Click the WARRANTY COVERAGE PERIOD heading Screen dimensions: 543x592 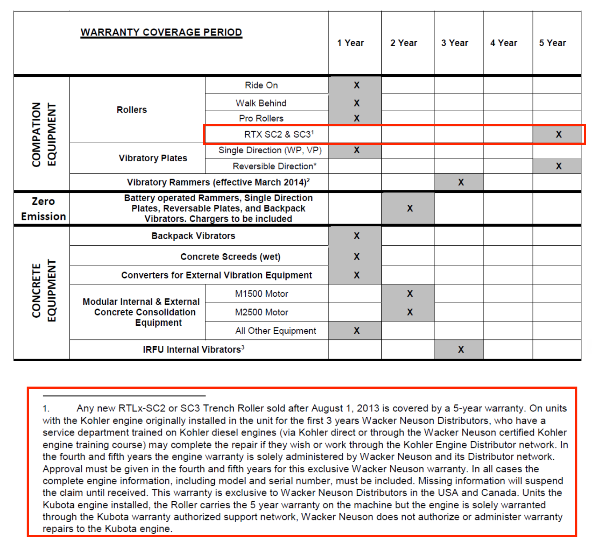[161, 32]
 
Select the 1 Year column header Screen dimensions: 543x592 [350, 43]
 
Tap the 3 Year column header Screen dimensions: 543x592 [454, 43]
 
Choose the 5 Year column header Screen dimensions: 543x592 [552, 43]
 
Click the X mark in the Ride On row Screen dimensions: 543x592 [356, 85]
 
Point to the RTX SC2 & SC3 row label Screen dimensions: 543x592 [279, 134]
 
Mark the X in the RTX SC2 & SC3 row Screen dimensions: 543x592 [559, 134]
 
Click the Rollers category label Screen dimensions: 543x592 [132, 110]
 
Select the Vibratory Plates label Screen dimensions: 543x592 [153, 158]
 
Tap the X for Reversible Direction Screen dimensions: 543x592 [559, 166]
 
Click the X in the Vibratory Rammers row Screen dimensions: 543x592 [461, 182]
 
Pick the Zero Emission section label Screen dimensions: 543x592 [43, 209]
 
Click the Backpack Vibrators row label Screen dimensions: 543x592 [193, 236]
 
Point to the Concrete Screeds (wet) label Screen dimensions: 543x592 [230, 257]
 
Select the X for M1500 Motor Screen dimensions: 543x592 [410, 294]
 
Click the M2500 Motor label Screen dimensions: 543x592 [261, 312]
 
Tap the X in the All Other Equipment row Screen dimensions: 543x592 [356, 331]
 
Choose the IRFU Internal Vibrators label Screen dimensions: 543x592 [193, 350]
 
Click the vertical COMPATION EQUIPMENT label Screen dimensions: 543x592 [44, 135]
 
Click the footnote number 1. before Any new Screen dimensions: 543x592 [46, 408]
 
